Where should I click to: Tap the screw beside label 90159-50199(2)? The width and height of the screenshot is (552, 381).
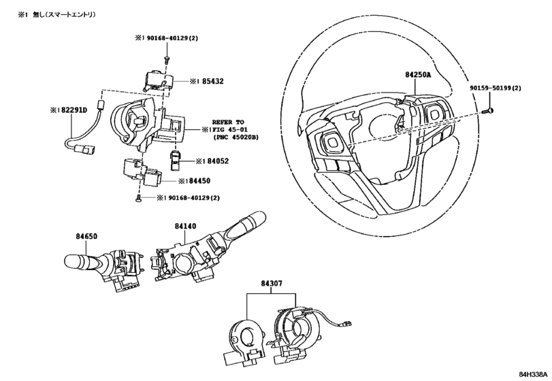click(488, 109)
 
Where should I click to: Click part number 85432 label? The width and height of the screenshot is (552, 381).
click(212, 81)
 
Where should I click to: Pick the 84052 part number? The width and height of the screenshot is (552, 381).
click(216, 161)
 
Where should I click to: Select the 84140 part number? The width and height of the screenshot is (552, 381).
click(185, 225)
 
